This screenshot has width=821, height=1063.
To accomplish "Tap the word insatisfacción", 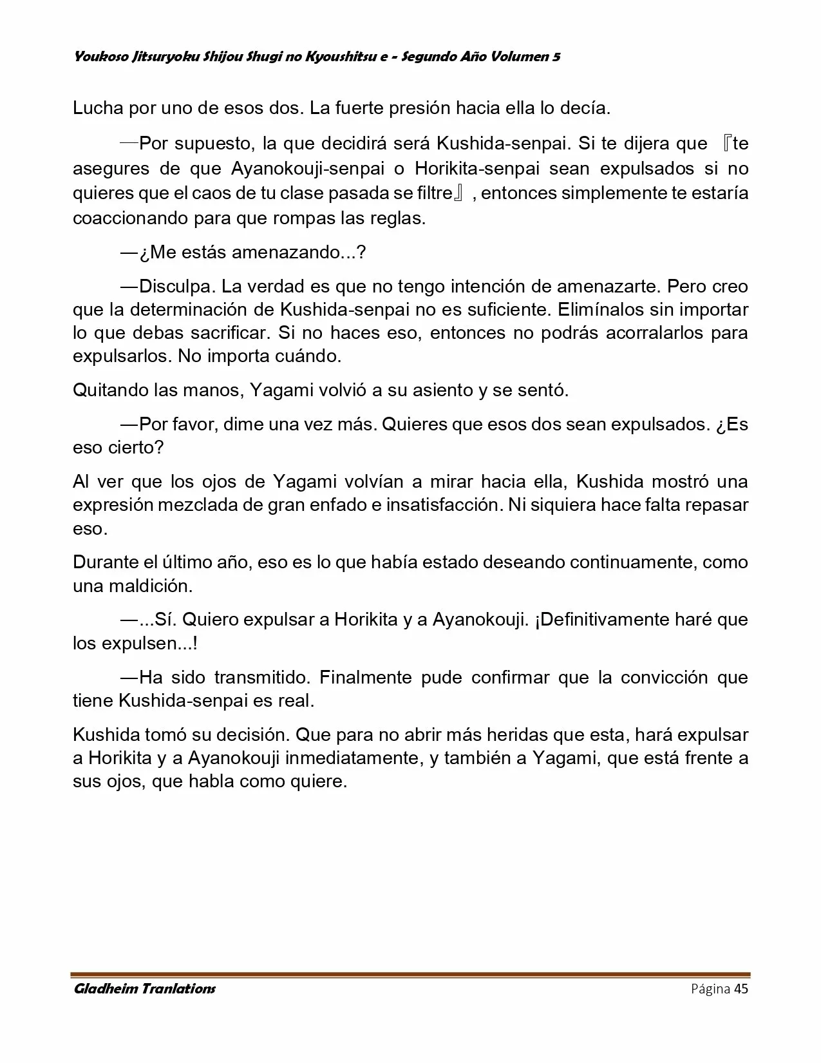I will (444, 505).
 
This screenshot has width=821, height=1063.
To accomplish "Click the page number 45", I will (741, 989).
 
